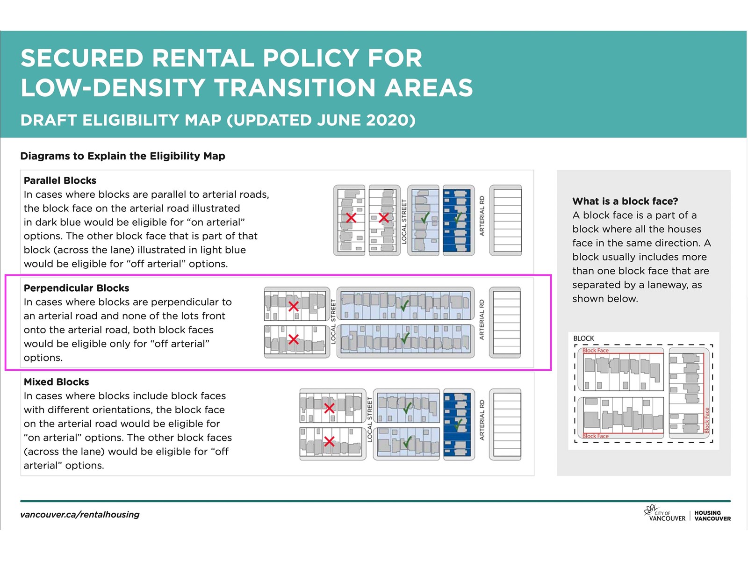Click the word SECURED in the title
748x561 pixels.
click(82, 58)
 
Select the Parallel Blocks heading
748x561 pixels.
click(60, 180)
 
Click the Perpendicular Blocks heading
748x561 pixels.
click(76, 288)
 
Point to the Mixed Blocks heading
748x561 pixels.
click(56, 382)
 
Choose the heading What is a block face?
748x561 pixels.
click(625, 201)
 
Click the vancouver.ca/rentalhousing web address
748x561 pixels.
click(80, 515)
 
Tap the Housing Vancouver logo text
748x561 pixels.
click(712, 516)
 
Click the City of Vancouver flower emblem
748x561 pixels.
click(650, 509)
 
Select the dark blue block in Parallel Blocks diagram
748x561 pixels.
click(458, 220)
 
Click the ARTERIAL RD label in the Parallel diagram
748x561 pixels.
click(482, 216)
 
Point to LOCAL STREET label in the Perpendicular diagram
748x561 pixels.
click(333, 322)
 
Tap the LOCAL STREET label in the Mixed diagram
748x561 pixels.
click(369, 419)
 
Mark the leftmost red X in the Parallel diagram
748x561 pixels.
click(351, 217)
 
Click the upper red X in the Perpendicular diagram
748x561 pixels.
click(294, 307)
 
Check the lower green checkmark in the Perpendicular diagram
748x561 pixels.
click(405, 338)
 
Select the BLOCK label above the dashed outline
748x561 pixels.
click(583, 338)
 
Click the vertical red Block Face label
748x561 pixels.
click(707, 420)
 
